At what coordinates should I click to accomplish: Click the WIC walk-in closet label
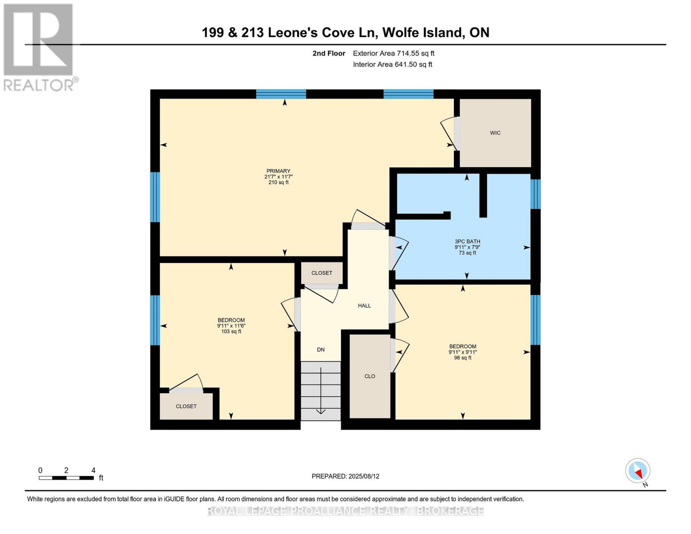(495, 133)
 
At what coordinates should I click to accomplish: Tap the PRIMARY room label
(278, 171)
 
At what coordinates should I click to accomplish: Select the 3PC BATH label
(467, 242)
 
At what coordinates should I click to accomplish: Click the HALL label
(364, 306)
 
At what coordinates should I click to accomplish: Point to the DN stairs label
(321, 350)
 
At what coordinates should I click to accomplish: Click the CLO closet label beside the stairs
(370, 376)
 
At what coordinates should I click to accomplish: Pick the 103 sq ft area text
(231, 332)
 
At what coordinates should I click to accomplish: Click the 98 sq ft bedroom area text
(463, 358)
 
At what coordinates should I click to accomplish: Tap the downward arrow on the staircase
(321, 392)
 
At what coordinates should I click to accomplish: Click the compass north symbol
(638, 471)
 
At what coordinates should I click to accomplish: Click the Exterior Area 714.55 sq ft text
(393, 53)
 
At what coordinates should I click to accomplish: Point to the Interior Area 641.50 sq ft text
(392, 65)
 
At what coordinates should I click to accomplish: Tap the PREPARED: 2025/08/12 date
(345, 476)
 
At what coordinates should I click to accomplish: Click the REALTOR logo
(39, 47)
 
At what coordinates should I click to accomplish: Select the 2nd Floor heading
(329, 53)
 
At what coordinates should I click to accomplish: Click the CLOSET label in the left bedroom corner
(186, 406)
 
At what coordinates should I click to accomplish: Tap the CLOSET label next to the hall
(322, 273)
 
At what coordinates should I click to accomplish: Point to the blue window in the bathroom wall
(536, 194)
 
